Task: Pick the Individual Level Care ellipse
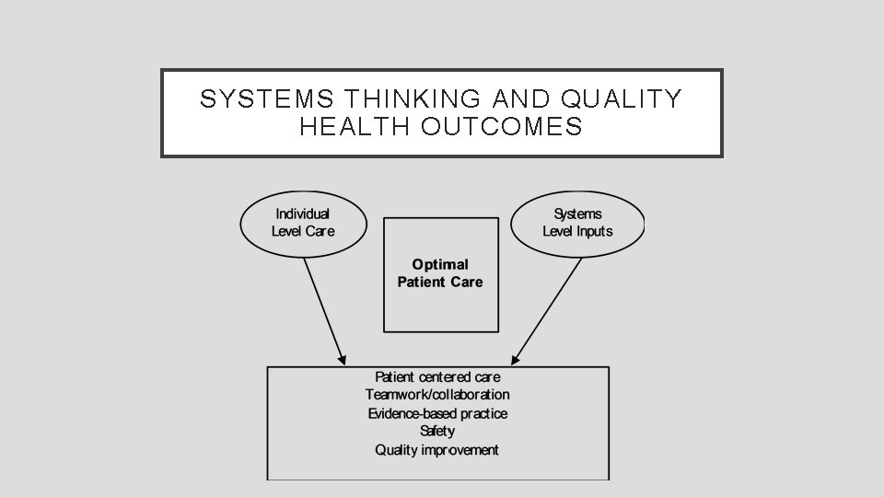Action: tap(303, 223)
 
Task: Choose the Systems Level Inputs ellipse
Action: tap(577, 223)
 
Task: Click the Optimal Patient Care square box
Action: tap(440, 304)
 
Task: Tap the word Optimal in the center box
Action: tap(440, 265)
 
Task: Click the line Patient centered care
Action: tap(437, 376)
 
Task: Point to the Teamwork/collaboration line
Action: tap(437, 395)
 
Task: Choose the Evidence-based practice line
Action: tap(437, 413)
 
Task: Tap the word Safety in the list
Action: tap(437, 431)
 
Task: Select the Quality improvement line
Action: tap(437, 450)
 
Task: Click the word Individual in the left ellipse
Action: tap(303, 214)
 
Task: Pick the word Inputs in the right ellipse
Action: tap(594, 231)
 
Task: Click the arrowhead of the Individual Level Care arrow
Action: tap(343, 358)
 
